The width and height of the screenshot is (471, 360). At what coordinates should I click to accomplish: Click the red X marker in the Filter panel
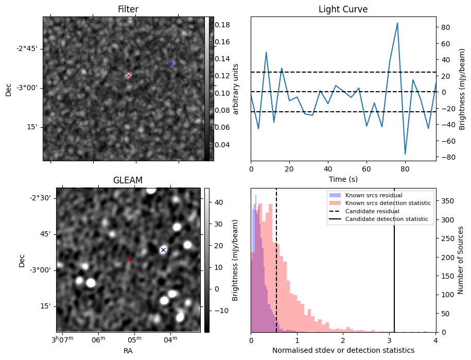click(x=128, y=75)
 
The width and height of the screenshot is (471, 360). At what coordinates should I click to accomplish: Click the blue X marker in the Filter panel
click(x=170, y=64)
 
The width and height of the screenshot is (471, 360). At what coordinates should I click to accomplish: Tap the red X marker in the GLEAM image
click(x=128, y=260)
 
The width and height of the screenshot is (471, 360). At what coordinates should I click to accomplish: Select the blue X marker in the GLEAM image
click(x=163, y=250)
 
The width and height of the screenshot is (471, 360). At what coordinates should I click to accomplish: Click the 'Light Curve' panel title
click(x=343, y=9)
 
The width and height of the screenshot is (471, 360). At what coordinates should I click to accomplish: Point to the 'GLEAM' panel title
click(x=128, y=180)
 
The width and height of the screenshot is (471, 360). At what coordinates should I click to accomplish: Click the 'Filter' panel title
click(x=128, y=9)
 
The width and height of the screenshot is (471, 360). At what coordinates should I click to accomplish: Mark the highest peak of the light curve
click(x=397, y=23)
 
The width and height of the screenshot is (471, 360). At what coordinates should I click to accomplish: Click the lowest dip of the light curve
click(x=405, y=154)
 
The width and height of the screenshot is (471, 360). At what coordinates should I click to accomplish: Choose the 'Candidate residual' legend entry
click(x=372, y=211)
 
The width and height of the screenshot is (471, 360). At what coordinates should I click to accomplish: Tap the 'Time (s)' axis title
click(x=343, y=179)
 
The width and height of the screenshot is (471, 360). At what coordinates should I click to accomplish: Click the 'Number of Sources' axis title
click(x=460, y=260)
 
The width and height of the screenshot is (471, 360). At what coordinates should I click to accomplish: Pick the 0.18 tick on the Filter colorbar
click(x=222, y=25)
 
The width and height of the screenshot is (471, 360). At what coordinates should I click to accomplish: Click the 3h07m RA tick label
click(x=62, y=339)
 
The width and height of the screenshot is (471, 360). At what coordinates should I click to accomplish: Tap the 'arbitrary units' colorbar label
click(x=236, y=89)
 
